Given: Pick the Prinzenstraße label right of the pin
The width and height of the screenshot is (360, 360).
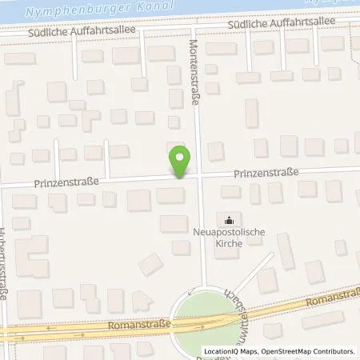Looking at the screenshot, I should pyautogui.click(x=266, y=173).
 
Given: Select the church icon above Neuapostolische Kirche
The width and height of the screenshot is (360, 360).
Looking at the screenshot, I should pyautogui.click(x=230, y=219).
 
